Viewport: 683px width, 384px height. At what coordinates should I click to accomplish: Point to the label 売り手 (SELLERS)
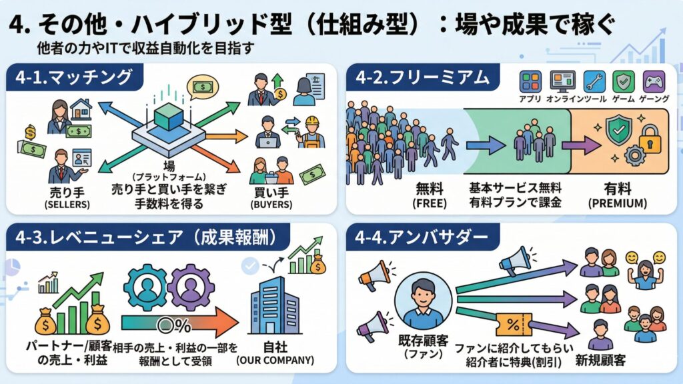[67, 197]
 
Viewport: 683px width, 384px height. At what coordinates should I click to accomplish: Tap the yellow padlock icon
[649, 139]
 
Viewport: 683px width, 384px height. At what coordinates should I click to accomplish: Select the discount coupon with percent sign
[514, 326]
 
